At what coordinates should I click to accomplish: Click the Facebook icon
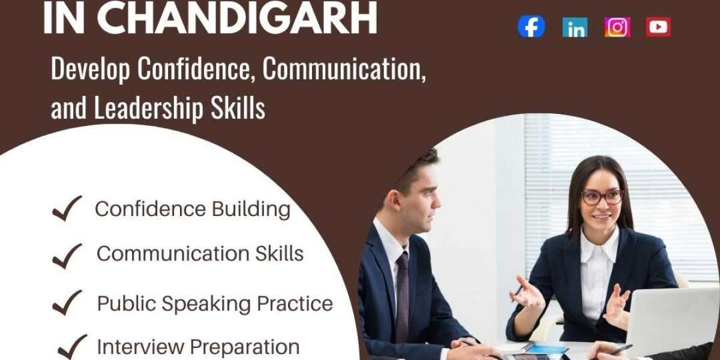[x=531, y=26]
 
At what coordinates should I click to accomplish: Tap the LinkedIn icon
[x=575, y=27]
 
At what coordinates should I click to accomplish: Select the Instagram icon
[x=617, y=27]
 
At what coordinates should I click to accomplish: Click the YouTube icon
[x=658, y=26]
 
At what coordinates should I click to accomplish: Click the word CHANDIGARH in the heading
[x=237, y=19]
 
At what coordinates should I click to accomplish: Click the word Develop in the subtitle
[x=91, y=69]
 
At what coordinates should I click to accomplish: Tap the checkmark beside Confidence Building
[x=67, y=209]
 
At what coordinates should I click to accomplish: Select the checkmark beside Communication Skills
[x=67, y=256]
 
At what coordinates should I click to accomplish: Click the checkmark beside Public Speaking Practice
[x=67, y=302]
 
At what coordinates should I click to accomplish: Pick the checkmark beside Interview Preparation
[x=72, y=347]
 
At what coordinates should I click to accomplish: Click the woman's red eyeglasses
[x=602, y=197]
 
